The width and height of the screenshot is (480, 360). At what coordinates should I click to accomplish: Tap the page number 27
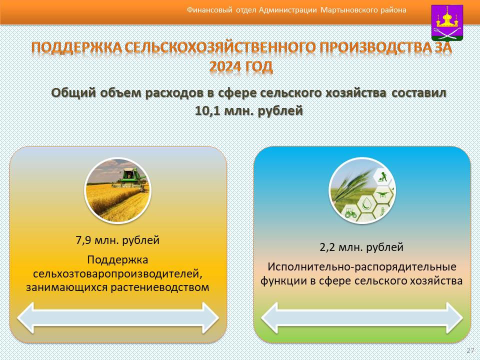470,350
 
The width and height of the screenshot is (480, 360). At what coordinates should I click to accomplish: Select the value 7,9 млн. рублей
117,240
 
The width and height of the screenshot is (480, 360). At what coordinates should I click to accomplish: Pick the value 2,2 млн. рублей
361,247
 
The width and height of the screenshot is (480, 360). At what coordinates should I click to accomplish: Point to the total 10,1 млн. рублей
249,110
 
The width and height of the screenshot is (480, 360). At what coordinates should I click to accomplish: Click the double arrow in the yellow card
118,318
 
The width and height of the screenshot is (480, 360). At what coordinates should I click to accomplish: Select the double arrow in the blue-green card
362,318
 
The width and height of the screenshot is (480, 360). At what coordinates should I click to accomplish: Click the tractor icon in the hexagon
350,212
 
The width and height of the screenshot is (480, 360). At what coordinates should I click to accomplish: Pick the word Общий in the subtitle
74,93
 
